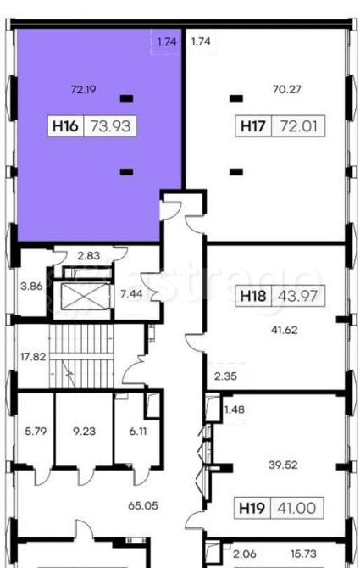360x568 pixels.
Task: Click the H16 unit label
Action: pos(65,126)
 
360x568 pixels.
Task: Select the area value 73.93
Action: pos(110,126)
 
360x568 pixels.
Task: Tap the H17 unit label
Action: pos(253,126)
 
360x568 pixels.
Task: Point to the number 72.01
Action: pos(298,126)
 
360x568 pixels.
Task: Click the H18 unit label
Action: pos(253,296)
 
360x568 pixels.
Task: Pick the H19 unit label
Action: pos(252,508)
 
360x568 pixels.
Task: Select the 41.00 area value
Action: pos(296,508)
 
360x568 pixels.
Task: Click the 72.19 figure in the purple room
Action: pos(84,89)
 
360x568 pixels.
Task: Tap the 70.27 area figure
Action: pos(286,89)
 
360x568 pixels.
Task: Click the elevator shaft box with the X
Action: pos(85,297)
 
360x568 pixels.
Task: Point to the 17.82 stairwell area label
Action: pos(33,357)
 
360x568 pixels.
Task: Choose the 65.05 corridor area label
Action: pos(143,505)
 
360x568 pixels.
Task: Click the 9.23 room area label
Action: pos(85,431)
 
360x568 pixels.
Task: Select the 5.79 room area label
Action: pos(36,431)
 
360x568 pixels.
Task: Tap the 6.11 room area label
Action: pos(138,431)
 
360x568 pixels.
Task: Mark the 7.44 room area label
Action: pos(131,294)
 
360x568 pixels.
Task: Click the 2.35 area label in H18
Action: pos(225,376)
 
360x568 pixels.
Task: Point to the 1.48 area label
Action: pos(235,409)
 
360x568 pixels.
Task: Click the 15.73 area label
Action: pos(303,554)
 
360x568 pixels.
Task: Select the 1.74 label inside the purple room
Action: pos(167,42)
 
